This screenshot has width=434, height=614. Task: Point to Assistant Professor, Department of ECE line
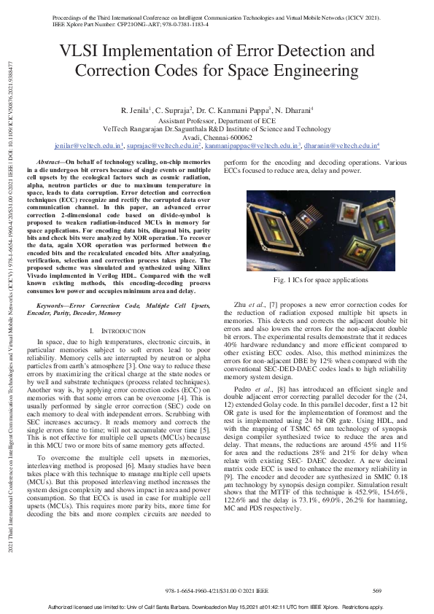[x=217, y=119]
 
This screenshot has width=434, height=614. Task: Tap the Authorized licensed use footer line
[x=217, y=607]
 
